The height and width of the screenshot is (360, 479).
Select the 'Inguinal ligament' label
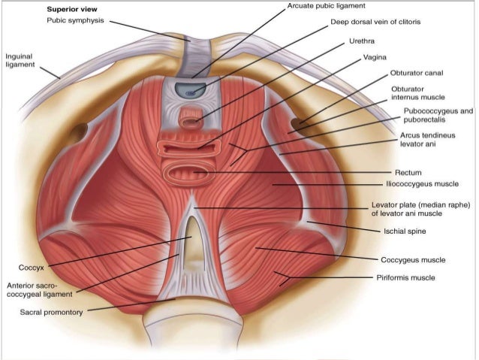[20, 61]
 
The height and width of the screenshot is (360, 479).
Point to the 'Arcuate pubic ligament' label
[326, 6]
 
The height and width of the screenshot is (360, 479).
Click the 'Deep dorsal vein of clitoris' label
[375, 23]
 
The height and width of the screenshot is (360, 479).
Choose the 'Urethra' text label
[362, 40]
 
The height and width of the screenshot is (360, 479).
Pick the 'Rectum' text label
[410, 172]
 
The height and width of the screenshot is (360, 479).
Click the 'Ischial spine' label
[405, 231]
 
